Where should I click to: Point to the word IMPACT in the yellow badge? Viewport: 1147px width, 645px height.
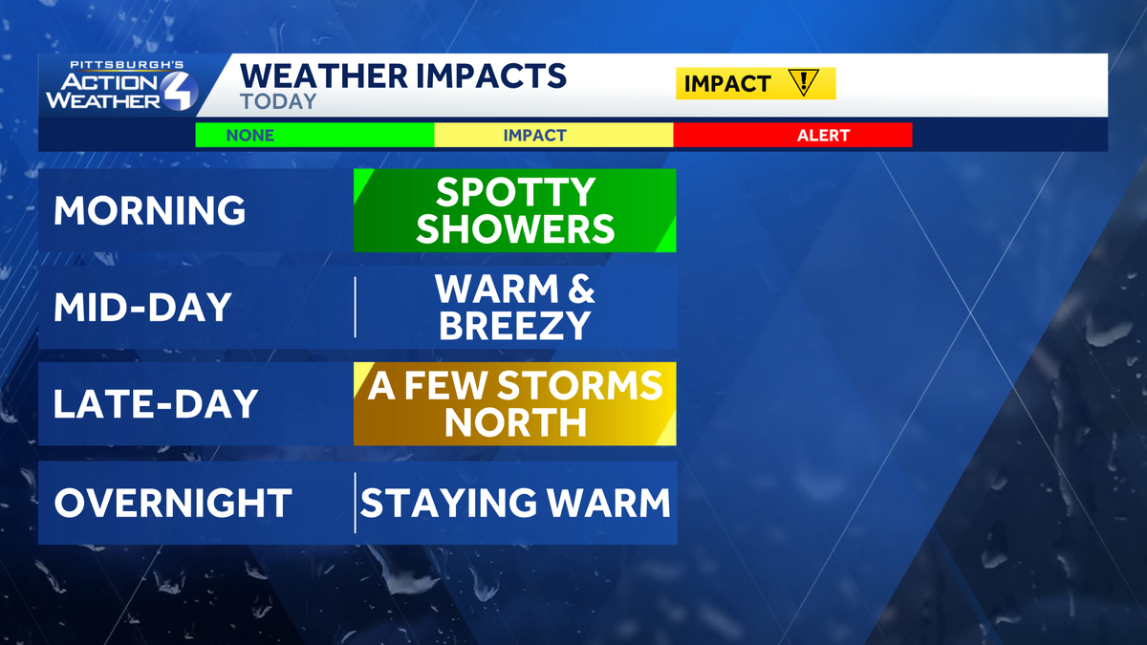tap(727, 84)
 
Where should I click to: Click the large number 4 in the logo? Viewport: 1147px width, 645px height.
tap(179, 92)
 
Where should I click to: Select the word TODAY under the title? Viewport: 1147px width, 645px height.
tap(278, 101)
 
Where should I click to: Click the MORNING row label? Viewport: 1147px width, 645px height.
tap(150, 211)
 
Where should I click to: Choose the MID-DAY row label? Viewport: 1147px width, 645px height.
tap(142, 308)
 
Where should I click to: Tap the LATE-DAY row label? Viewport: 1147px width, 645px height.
tap(156, 404)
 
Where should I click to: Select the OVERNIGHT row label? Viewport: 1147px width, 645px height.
tap(172, 503)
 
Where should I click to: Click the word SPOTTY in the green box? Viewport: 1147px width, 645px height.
tap(515, 194)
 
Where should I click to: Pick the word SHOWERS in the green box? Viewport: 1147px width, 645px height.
tap(515, 229)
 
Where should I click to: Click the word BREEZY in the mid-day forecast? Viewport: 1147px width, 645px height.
tap(515, 327)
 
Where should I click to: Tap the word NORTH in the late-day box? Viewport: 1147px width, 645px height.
tap(515, 423)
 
